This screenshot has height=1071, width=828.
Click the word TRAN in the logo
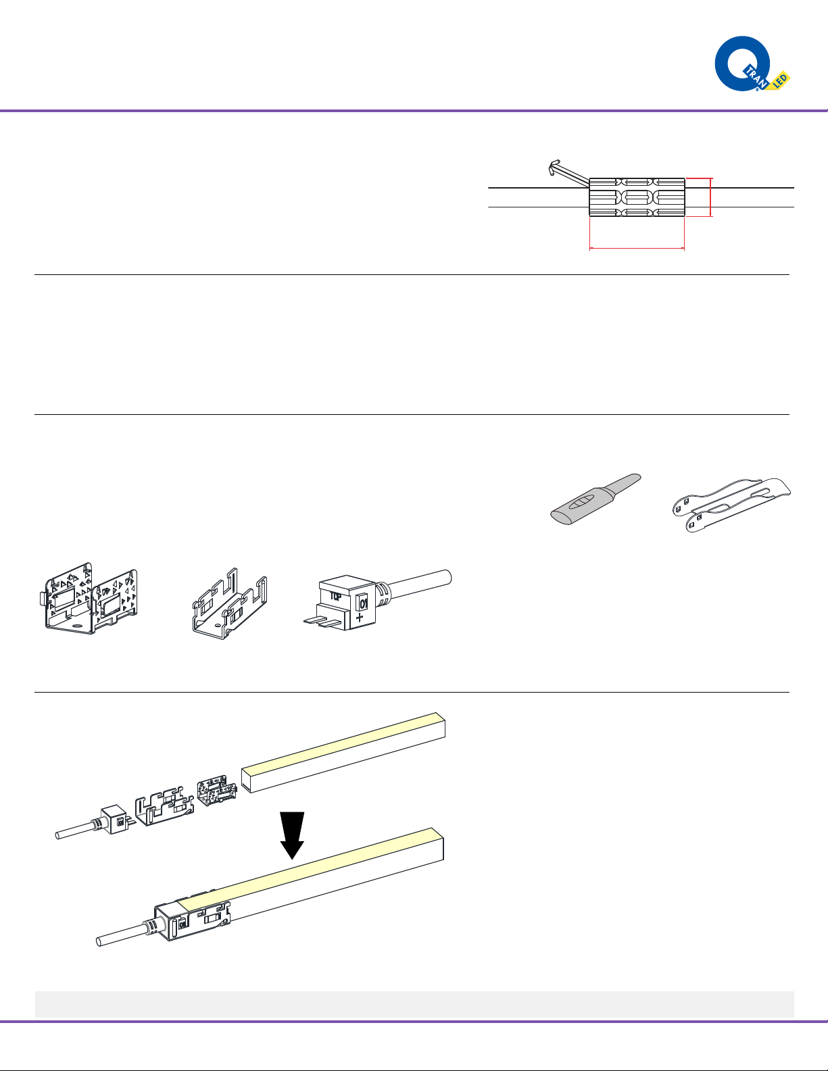point(756,78)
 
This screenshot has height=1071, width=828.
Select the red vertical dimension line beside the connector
point(710,197)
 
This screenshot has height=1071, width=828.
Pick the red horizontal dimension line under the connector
point(637,249)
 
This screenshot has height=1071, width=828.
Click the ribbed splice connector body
point(637,197)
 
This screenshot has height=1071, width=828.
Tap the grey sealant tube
point(595,499)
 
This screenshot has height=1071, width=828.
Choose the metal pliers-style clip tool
point(731,505)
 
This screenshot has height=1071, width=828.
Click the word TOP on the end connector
point(336,597)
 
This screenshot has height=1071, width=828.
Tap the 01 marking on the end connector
point(363,603)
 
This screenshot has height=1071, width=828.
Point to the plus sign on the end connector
point(360,617)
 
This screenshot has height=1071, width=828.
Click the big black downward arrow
point(292,835)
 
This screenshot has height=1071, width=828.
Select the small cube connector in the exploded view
point(116,820)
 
